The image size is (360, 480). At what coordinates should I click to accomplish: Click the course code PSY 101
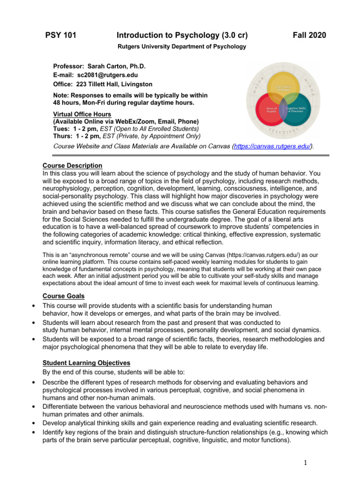click(60, 36)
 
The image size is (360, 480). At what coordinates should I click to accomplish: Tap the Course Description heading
click(72, 165)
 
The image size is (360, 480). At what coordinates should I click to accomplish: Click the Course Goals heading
click(63, 296)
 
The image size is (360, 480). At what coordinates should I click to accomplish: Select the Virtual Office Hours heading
click(82, 114)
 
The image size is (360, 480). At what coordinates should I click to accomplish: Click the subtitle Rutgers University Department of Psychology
click(181, 46)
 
